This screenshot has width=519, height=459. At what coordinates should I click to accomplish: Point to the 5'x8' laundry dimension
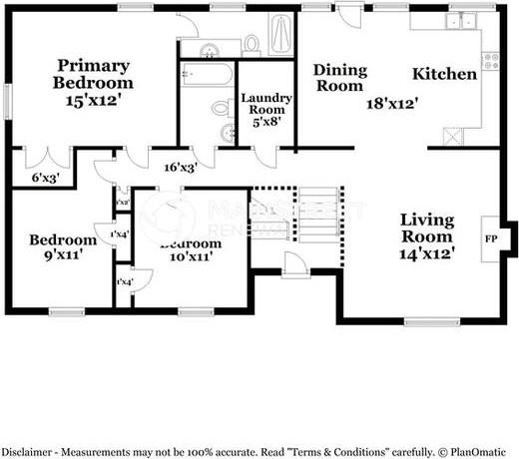(265, 123)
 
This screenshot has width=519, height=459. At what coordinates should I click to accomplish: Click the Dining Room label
(339, 78)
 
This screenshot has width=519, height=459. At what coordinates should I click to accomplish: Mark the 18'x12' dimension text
(391, 102)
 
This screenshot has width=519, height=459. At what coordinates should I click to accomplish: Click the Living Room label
(427, 229)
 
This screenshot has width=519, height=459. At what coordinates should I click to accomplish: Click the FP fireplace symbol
(491, 239)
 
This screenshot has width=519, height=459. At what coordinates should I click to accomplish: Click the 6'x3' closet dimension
(46, 179)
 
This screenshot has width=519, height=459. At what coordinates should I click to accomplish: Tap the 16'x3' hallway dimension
(180, 168)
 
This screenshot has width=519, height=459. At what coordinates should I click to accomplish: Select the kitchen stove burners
(490, 61)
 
